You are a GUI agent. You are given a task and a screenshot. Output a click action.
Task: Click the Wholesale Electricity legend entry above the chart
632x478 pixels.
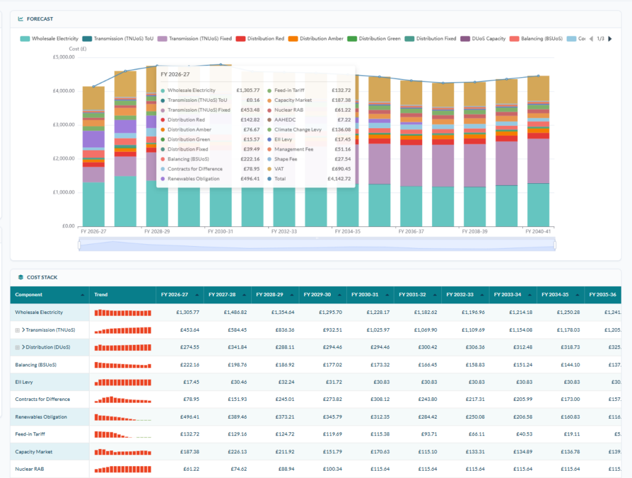(x=49, y=39)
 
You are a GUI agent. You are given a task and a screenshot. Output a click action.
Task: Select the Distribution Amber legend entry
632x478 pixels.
(x=316, y=39)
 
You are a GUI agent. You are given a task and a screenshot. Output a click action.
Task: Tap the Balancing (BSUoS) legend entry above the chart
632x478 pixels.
(x=536, y=39)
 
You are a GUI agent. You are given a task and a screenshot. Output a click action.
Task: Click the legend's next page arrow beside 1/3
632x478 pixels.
(x=610, y=39)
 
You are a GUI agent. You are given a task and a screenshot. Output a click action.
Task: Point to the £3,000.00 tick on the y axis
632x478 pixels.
(x=64, y=125)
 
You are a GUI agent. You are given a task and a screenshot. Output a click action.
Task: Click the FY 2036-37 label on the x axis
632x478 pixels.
(x=411, y=231)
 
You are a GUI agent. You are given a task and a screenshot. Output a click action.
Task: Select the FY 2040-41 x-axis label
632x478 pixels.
(x=538, y=231)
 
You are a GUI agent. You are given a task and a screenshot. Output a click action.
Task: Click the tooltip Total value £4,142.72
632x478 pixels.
(x=339, y=179)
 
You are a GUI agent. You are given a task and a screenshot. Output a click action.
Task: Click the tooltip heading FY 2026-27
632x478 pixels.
(x=175, y=75)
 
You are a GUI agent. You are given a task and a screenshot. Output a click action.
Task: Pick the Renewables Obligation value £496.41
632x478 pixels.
(x=189, y=417)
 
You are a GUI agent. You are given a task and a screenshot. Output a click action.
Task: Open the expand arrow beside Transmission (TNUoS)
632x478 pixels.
(x=23, y=330)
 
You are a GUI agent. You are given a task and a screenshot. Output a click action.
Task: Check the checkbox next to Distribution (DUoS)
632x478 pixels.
(x=17, y=347)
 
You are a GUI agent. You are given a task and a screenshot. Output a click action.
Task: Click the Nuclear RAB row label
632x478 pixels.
(x=30, y=469)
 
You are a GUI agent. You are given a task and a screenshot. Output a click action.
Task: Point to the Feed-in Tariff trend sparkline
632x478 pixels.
(x=123, y=434)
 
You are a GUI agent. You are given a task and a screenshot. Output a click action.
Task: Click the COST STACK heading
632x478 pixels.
(x=42, y=278)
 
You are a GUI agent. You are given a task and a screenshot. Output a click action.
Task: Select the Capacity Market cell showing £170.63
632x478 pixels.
(x=380, y=452)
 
